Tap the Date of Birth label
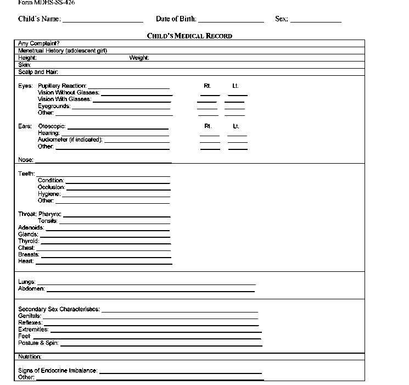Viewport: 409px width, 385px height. coord(176,19)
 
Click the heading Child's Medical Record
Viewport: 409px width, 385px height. coord(189,36)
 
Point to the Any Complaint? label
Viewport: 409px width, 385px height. coord(39,43)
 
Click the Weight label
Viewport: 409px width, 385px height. coord(139,58)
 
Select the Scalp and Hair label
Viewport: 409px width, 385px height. coord(38,72)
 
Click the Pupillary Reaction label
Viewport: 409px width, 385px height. coord(62,86)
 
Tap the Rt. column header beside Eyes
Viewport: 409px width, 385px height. coord(208,86)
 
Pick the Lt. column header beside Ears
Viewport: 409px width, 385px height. coord(236,126)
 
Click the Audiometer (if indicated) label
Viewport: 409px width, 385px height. coord(70,140)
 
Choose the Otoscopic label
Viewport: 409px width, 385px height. coord(52,126)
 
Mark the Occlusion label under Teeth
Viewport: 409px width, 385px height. coord(51,187)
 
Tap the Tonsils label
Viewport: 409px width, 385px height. coord(48,221)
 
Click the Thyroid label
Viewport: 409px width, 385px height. coord(29,241)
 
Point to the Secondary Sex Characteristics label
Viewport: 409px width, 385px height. coord(59,309)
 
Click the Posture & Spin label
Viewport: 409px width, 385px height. coord(38,343)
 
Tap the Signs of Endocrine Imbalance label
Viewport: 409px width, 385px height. coord(58,371)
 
